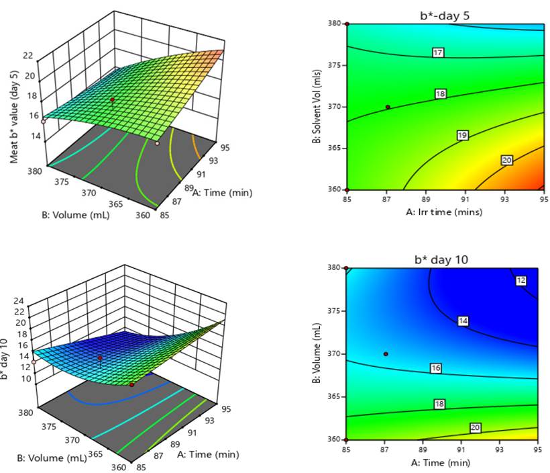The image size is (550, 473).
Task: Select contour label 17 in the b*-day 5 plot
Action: [x=438, y=52]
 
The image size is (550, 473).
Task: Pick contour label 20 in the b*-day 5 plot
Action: [x=507, y=160]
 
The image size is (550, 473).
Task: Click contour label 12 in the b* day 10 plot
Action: [x=521, y=281]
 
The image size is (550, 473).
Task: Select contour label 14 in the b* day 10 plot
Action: [x=463, y=321]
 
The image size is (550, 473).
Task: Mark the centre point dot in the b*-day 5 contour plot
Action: [x=388, y=107]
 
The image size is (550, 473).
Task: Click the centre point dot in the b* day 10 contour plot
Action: [x=386, y=353]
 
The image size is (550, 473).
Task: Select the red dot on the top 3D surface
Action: [x=113, y=100]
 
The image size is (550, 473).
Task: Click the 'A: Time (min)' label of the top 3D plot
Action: [x=222, y=193]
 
